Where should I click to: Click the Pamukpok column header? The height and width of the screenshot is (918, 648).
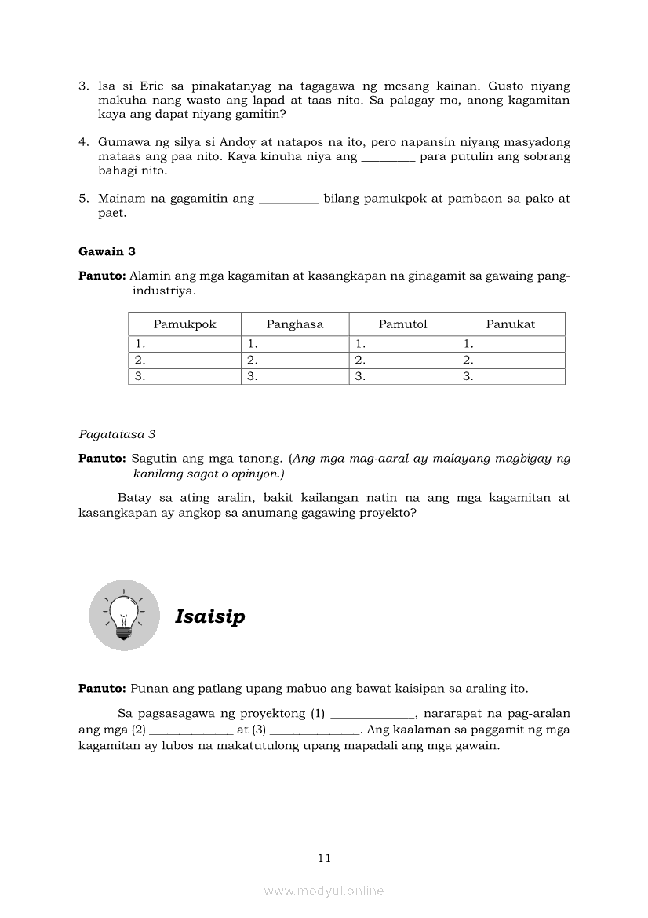[x=184, y=324]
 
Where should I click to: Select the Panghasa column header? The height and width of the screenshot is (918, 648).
[x=294, y=324]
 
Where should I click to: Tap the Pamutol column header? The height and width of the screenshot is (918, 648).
[x=402, y=324]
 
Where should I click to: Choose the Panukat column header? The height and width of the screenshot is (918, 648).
[x=510, y=324]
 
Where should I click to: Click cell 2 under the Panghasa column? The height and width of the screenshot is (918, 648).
[x=294, y=360]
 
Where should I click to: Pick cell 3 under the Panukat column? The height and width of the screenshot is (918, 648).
[x=510, y=377]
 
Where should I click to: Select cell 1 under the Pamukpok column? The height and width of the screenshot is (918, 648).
[x=184, y=344]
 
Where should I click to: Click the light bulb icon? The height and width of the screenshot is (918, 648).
[x=124, y=615]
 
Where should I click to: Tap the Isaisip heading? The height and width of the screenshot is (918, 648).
[x=209, y=616]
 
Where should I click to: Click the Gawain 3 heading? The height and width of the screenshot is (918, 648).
[x=107, y=251]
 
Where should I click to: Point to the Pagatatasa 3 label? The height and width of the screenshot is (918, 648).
[x=117, y=433]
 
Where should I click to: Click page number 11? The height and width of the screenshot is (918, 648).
[x=325, y=858]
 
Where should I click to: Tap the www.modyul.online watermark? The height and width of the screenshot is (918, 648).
[x=324, y=891]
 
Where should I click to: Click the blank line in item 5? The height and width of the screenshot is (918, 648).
[x=288, y=199]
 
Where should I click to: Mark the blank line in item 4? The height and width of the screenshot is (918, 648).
[x=388, y=157]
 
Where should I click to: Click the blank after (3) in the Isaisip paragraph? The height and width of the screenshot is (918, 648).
[x=315, y=730]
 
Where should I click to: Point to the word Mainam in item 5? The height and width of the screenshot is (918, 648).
[x=122, y=199]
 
